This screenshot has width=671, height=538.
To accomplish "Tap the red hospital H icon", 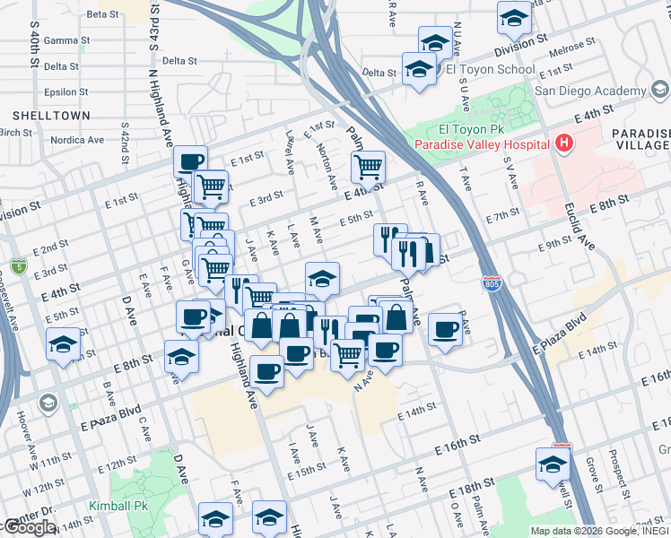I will [563, 143].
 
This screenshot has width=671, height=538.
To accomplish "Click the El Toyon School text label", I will [490, 69].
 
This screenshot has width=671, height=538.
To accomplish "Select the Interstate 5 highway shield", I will [19, 265].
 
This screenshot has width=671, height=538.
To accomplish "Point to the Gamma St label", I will [61, 40].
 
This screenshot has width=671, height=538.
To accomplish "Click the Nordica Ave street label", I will [77, 140].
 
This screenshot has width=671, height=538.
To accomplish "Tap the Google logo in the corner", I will [29, 527].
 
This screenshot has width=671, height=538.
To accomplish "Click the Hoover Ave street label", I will [23, 431].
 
